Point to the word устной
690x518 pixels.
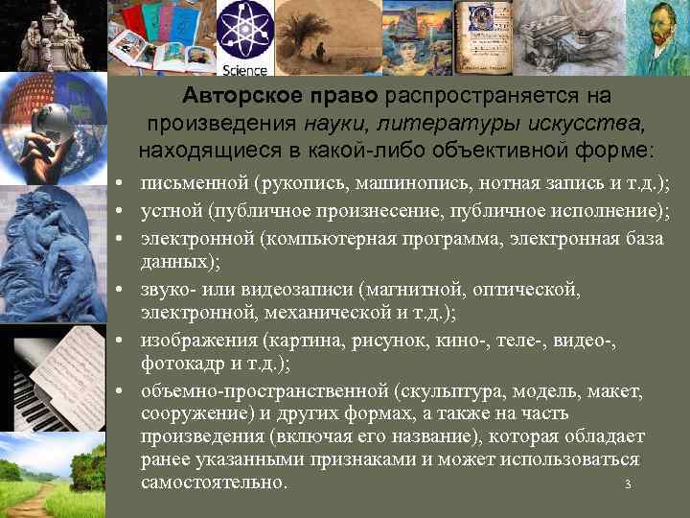pos(171,210)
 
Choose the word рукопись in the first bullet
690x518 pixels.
pos(306,184)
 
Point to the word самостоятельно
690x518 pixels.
pos(212,483)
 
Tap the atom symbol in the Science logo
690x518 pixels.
pos(244,31)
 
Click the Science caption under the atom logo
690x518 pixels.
pos(244,69)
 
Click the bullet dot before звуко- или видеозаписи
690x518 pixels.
pos(115,288)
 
